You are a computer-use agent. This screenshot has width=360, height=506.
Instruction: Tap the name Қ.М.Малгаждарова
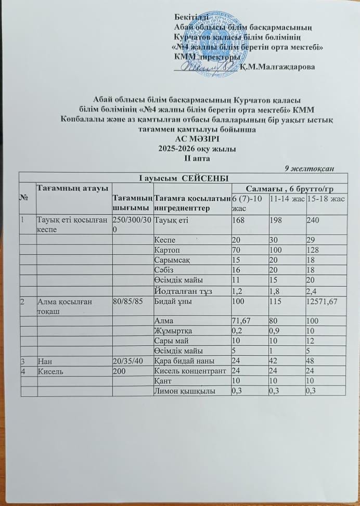pos(277,67)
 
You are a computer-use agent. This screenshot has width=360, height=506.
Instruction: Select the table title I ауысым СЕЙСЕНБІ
pos(181,178)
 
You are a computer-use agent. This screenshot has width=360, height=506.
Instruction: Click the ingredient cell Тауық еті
pos(171,220)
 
